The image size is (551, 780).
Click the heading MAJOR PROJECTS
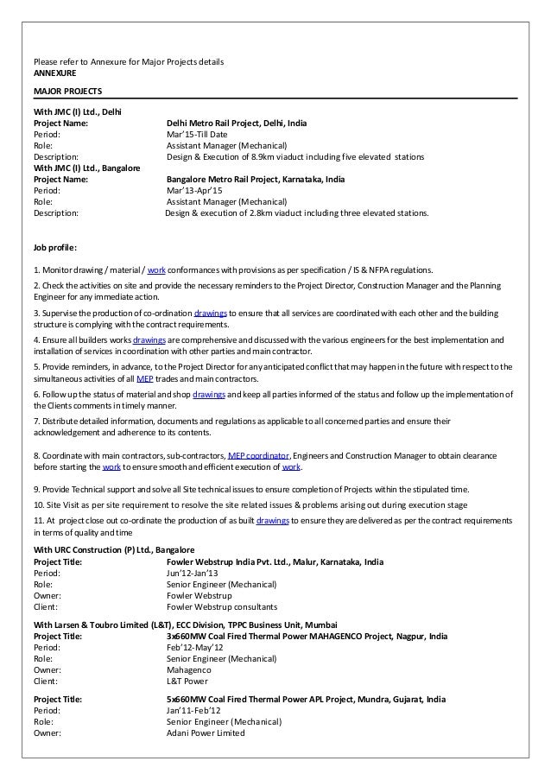click(x=67, y=90)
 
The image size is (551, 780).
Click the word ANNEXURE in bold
click(x=54, y=73)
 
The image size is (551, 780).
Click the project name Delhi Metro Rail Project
click(x=236, y=124)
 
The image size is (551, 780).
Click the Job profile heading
click(x=54, y=248)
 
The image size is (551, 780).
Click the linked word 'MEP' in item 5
click(x=144, y=378)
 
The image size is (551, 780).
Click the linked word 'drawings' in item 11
click(x=271, y=522)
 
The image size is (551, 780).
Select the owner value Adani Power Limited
click(x=205, y=733)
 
